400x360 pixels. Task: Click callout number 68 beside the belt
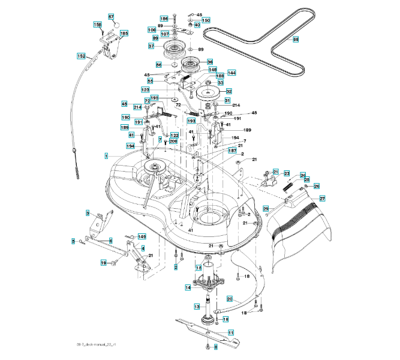[295, 40]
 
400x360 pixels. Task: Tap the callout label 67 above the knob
[111, 16]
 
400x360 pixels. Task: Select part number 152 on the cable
[82, 56]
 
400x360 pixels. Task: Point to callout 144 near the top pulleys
[231, 72]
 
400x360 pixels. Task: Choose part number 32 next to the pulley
[228, 91]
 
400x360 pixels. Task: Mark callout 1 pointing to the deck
[106, 156]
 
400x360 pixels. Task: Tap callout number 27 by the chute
[322, 199]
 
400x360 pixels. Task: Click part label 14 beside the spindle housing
[188, 288]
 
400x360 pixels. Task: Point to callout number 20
[230, 298]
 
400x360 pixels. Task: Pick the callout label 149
[142, 237]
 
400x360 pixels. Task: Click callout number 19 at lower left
[103, 263]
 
